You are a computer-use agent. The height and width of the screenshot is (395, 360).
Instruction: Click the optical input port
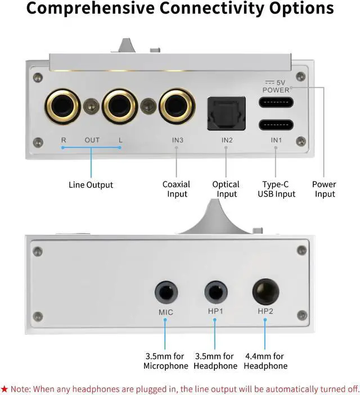(227, 110)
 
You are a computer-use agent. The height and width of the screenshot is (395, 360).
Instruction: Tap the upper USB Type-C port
(276, 103)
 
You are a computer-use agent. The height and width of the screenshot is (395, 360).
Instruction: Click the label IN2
(227, 140)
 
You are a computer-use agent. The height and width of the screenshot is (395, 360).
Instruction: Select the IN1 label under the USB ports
(276, 140)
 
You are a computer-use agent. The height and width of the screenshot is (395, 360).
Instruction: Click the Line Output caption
(91, 185)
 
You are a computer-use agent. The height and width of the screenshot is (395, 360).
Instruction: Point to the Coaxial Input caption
(176, 189)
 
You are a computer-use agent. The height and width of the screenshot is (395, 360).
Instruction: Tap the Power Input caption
(324, 189)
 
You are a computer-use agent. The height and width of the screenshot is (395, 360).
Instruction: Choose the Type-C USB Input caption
(276, 189)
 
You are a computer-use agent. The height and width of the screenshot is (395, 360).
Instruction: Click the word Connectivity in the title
(217, 10)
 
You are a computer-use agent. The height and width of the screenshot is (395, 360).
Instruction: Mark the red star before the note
(4, 388)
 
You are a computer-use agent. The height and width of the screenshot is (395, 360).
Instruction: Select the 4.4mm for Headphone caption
(265, 361)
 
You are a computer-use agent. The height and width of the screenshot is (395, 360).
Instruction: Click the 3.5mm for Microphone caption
(166, 361)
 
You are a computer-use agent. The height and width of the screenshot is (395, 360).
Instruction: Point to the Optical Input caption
(227, 189)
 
